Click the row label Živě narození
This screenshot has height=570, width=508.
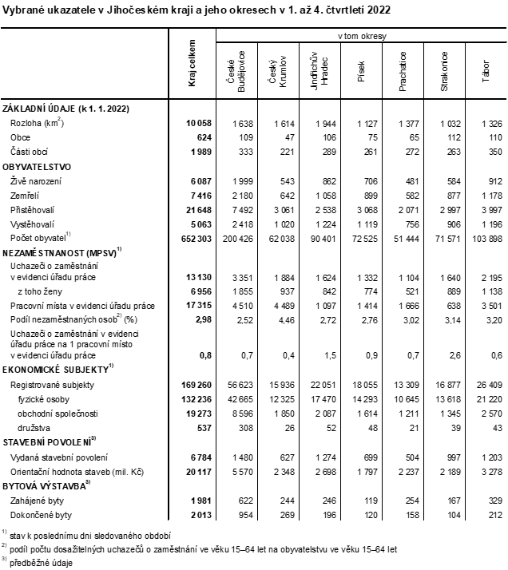(x=38, y=182)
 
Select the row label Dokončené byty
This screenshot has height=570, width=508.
(x=41, y=515)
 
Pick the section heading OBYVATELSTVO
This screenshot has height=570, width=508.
(x=38, y=167)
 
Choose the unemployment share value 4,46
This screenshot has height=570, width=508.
(x=284, y=320)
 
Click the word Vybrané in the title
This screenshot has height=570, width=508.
(x=25, y=9)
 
